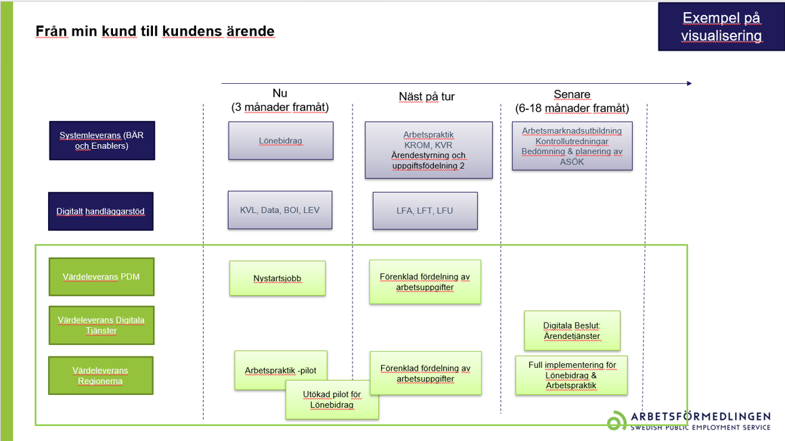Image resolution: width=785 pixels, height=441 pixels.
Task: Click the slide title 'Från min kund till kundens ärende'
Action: pyautogui.click(x=155, y=31)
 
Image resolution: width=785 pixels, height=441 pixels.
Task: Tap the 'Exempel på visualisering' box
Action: pyautogui.click(x=721, y=27)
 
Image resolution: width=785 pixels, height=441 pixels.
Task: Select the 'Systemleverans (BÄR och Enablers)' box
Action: pyautogui.click(x=102, y=141)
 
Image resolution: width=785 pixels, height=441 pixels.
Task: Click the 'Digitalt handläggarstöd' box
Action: pyautogui.click(x=100, y=212)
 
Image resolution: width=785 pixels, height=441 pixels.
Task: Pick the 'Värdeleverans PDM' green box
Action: pyautogui.click(x=102, y=277)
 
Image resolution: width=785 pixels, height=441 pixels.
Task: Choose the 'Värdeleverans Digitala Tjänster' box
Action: pyautogui.click(x=102, y=325)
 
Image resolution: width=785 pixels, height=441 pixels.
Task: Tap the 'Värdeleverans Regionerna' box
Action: pyautogui.click(x=101, y=375)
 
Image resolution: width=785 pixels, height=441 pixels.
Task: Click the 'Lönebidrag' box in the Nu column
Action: pyautogui.click(x=280, y=141)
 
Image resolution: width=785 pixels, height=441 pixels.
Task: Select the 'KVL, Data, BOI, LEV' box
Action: pyautogui.click(x=279, y=210)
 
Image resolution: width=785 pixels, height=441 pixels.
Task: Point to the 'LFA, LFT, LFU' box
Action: pyautogui.click(x=425, y=211)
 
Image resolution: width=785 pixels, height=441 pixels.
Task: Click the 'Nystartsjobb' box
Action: pyautogui.click(x=277, y=278)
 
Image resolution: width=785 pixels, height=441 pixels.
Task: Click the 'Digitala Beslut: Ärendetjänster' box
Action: pyautogui.click(x=572, y=331)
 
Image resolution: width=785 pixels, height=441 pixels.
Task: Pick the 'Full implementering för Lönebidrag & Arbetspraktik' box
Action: pyautogui.click(x=572, y=375)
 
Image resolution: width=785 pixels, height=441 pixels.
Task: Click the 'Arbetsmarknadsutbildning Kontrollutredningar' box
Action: pyautogui.click(x=572, y=146)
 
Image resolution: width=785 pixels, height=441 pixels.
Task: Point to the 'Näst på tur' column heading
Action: pyautogui.click(x=426, y=97)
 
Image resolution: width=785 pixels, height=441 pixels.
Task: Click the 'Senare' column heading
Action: pyautogui.click(x=572, y=95)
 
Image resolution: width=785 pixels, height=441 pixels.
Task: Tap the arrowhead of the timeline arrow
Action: pyautogui.click(x=689, y=84)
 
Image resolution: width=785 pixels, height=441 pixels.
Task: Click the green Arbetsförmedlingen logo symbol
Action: pyautogui.click(x=616, y=421)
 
